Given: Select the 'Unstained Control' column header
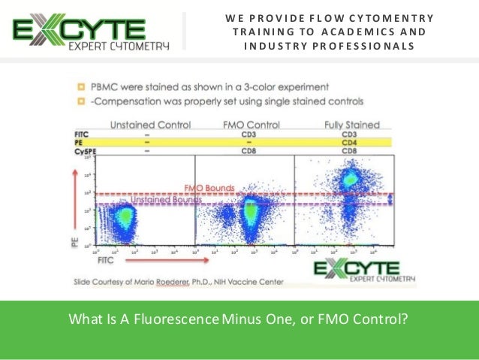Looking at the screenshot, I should click(x=150, y=124).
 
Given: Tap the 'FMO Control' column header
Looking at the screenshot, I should click(x=251, y=124).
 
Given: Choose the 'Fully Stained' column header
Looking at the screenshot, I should click(x=351, y=124).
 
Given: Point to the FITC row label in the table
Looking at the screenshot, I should click(x=83, y=134).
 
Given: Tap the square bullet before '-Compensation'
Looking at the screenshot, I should click(x=80, y=100).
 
